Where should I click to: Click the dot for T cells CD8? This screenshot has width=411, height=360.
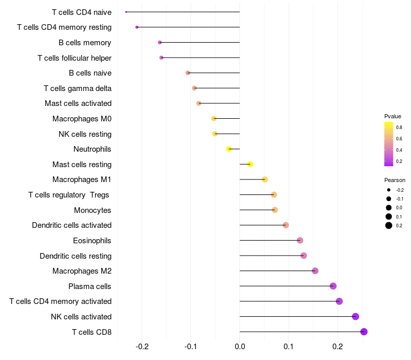pyautogui.click(x=364, y=332)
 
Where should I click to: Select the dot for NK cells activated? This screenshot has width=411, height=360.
pyautogui.click(x=356, y=317)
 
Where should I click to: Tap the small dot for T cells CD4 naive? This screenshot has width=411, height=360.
pyautogui.click(x=126, y=12)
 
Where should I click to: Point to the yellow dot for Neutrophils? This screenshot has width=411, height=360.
pyautogui.click(x=229, y=149)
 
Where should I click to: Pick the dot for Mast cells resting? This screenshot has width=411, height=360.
pyautogui.click(x=250, y=165)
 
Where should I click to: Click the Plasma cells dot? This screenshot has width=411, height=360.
pyautogui.click(x=333, y=286)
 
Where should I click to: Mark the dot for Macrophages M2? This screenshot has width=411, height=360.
pyautogui.click(x=315, y=271)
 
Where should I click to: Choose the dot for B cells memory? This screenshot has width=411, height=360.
pyautogui.click(x=160, y=42)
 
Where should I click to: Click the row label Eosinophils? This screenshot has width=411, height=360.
pyautogui.click(x=92, y=241)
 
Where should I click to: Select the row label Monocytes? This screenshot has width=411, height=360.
pyautogui.click(x=92, y=210)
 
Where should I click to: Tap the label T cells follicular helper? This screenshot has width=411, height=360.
pyautogui.click(x=74, y=58)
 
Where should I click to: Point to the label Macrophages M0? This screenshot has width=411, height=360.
pyautogui.click(x=82, y=119)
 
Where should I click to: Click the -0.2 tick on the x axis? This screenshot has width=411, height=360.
pyautogui.click(x=142, y=346)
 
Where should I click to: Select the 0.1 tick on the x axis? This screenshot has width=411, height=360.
pyautogui.click(x=289, y=346)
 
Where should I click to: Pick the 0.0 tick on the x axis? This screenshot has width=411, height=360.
pyautogui.click(x=240, y=346)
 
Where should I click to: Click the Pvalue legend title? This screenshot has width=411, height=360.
pyautogui.click(x=393, y=116)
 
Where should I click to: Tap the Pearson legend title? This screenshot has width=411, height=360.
pyautogui.click(x=395, y=181)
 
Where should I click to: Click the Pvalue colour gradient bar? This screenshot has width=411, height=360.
pyautogui.click(x=389, y=144)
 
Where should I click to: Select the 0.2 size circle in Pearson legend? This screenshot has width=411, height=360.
pyautogui.click(x=389, y=225)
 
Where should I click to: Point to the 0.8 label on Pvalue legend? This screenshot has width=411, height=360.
pyautogui.click(x=399, y=128)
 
